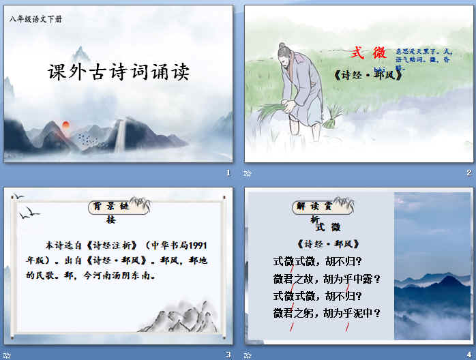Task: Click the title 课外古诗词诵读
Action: point(119,72)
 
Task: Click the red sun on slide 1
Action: point(66,125)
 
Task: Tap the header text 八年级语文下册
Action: point(35,19)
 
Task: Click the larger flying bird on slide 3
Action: point(29,215)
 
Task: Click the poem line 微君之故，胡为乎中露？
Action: point(326,278)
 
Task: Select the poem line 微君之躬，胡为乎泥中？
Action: point(326,314)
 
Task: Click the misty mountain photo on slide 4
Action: point(428,266)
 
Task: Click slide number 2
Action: point(468,173)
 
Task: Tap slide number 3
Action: point(228,354)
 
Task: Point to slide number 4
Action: point(468,354)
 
